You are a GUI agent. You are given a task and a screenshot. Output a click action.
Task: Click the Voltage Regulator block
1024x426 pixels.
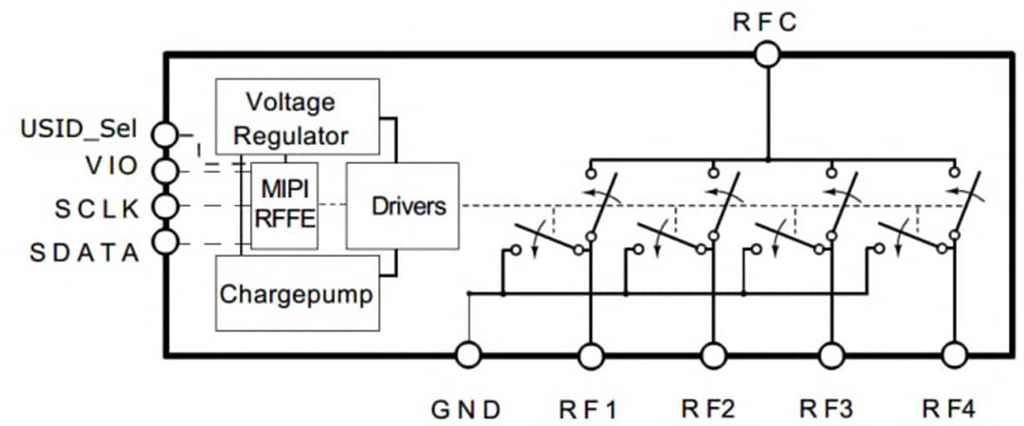point(298,116)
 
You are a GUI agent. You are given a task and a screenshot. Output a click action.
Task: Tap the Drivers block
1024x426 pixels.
point(402,206)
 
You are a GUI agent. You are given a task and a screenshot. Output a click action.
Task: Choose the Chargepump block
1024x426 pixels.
point(298,292)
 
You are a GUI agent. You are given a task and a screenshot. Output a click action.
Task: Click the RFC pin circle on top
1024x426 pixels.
point(766,55)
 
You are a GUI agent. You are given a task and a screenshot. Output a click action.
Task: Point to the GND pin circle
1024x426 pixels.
point(468,356)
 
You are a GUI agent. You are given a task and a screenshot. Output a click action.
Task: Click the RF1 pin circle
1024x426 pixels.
point(591,356)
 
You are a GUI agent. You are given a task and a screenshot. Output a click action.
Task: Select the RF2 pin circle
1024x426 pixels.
point(713,356)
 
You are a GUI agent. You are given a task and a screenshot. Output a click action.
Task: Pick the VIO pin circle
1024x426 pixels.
point(166,170)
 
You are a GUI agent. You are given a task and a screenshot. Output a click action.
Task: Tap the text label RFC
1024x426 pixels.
point(766,22)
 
